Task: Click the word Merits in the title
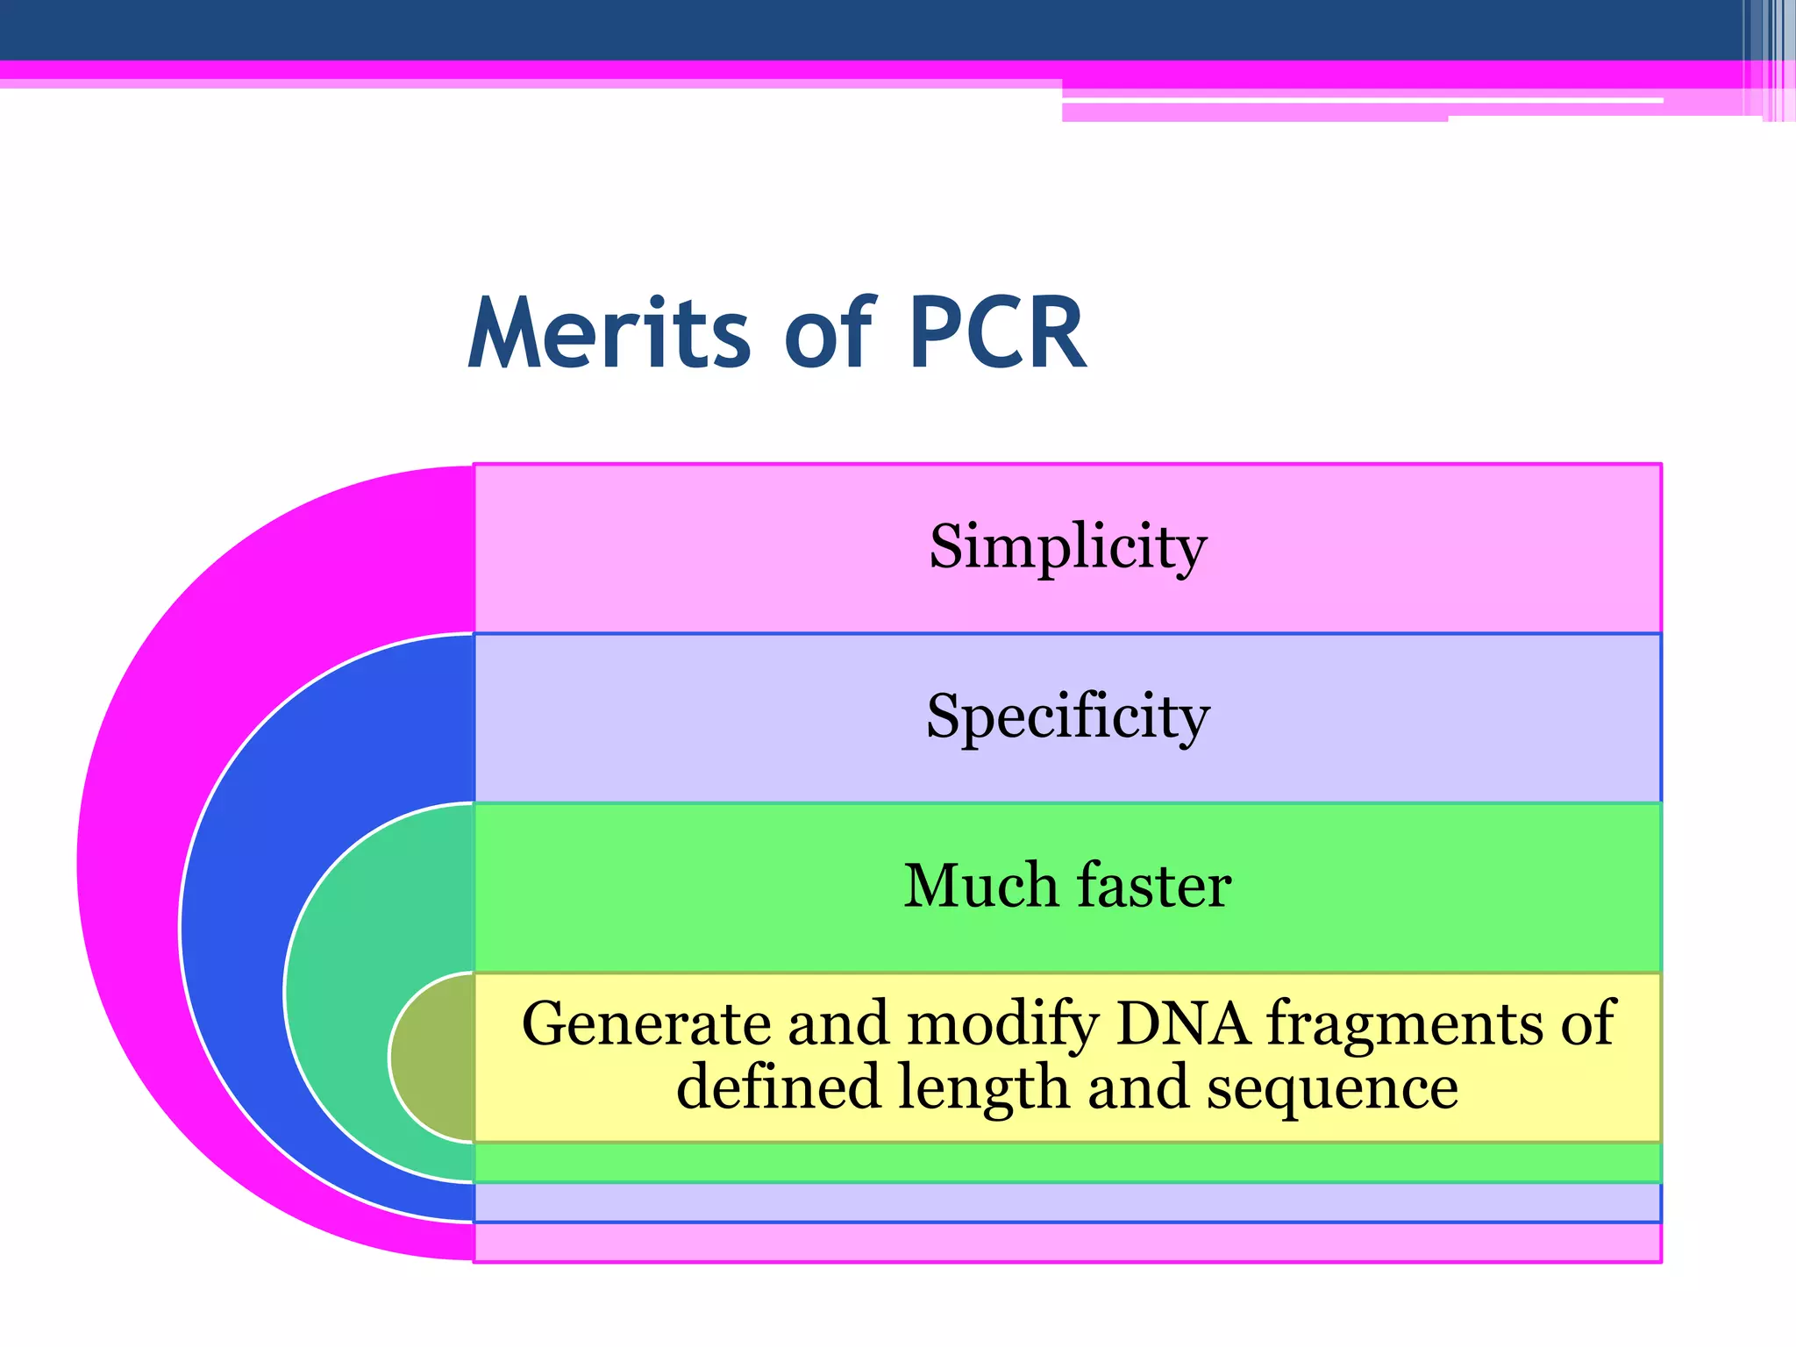click(x=609, y=334)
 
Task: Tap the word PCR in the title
click(x=997, y=334)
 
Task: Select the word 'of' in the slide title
click(x=829, y=334)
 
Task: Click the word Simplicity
click(x=1067, y=546)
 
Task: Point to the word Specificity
click(x=1067, y=716)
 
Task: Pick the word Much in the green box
click(x=980, y=886)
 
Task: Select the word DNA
click(x=1183, y=1023)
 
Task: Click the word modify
click(x=1001, y=1023)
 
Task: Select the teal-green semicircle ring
click(x=351, y=991)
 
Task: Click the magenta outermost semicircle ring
click(x=132, y=859)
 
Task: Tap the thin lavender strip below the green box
click(x=1067, y=1202)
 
